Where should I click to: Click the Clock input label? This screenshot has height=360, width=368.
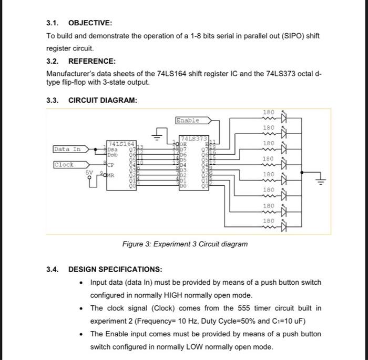click(64, 165)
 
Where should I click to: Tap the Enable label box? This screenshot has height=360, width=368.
click(188, 121)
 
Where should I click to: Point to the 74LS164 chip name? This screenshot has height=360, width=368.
click(121, 143)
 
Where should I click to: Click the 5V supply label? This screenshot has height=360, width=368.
click(90, 172)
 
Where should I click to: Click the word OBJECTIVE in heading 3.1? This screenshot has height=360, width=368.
click(90, 23)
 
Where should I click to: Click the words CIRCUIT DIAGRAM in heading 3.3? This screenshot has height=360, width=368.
click(103, 101)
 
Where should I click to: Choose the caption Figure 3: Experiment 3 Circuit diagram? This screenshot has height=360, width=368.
click(185, 244)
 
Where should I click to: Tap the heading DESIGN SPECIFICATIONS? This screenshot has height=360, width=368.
click(115, 269)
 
